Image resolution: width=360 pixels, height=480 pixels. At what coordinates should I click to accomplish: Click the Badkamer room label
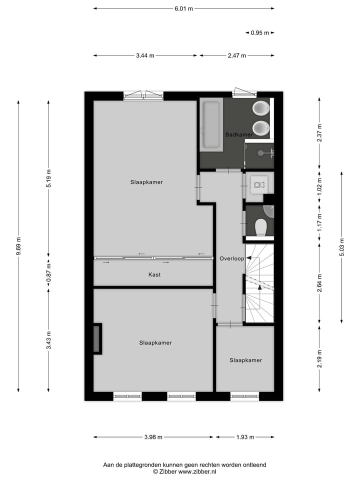pyautogui.click(x=238, y=134)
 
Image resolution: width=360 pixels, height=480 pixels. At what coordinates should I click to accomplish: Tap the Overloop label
pyautogui.click(x=231, y=258)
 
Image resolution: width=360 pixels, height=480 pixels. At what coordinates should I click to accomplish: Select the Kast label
pyautogui.click(x=154, y=274)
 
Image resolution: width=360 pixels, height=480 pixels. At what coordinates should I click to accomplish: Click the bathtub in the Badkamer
pyautogui.click(x=210, y=125)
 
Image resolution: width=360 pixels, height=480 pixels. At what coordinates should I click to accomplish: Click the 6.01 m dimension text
pyautogui.click(x=184, y=8)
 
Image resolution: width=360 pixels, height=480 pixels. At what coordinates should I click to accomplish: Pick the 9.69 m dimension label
pyautogui.click(x=18, y=246)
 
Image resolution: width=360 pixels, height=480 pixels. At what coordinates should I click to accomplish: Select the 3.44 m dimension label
pyautogui.click(x=145, y=55)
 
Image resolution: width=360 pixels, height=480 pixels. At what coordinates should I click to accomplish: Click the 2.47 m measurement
pyautogui.click(x=237, y=55)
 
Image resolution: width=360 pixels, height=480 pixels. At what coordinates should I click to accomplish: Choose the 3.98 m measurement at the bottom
pyautogui.click(x=153, y=437)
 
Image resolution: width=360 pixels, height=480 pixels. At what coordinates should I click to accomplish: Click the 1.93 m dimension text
pyautogui.click(x=245, y=437)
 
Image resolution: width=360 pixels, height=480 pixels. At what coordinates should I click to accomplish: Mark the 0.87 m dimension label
pyautogui.click(x=48, y=272)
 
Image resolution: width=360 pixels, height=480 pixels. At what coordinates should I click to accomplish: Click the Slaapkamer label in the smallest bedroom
pyautogui.click(x=245, y=360)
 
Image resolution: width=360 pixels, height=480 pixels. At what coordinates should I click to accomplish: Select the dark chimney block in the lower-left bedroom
pyautogui.click(x=97, y=339)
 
